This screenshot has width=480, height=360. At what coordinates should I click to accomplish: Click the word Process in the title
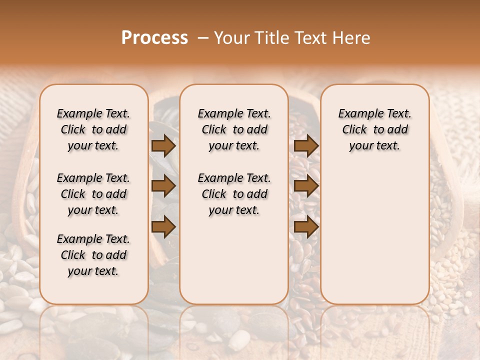(154, 38)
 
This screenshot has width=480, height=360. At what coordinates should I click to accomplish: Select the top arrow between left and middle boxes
(163, 146)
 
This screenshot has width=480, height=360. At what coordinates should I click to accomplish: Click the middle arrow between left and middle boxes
(163, 186)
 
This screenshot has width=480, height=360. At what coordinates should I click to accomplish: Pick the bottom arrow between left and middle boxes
(163, 227)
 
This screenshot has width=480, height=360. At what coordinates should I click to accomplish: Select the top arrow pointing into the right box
(306, 146)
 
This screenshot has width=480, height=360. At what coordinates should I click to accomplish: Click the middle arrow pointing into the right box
(306, 186)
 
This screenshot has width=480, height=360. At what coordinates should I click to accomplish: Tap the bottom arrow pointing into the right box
(306, 227)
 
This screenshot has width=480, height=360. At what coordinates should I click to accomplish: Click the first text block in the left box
(93, 129)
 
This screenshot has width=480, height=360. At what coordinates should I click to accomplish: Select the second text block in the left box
(93, 194)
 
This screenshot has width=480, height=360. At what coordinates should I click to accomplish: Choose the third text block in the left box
(93, 255)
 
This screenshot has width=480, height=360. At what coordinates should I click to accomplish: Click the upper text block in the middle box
(234, 129)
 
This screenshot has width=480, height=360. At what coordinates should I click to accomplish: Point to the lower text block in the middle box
(234, 194)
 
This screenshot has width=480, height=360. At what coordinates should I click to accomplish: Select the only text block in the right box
(375, 129)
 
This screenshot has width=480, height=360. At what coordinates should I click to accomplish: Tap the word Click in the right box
(354, 130)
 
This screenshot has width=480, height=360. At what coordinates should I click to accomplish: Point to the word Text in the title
(311, 38)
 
